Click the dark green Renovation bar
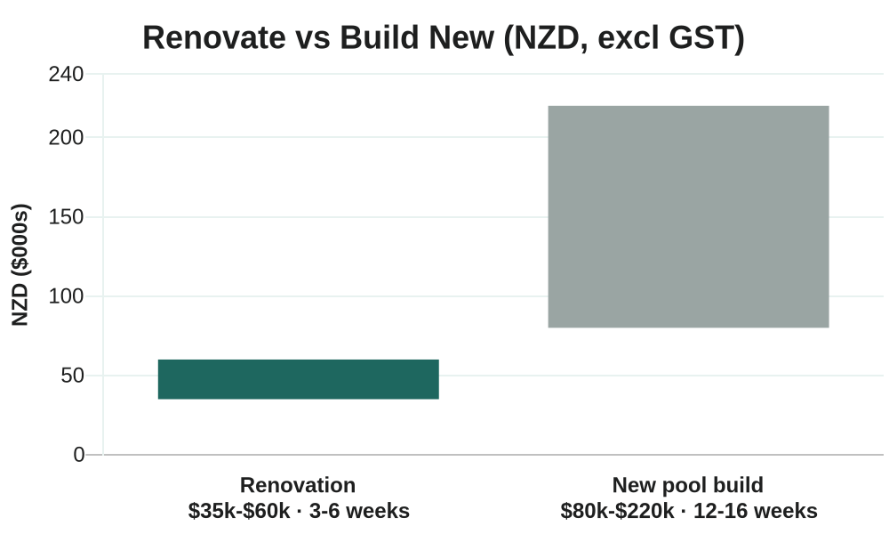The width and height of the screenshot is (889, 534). pos(298,379)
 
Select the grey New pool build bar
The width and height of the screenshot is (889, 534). pos(688,217)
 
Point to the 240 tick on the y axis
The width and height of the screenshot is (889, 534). pos(66,75)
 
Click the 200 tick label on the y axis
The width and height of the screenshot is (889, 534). pos(66,137)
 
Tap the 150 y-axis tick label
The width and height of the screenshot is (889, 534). pos(66,217)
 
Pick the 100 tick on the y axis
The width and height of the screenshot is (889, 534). pos(66,296)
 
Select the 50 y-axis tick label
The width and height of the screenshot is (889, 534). pos(73,376)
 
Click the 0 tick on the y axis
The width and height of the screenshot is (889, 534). pos(79,455)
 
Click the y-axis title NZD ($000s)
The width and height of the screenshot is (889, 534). pos(20,265)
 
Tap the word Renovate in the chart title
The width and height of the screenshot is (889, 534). pos(214,38)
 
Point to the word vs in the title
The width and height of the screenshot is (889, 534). pos(313,38)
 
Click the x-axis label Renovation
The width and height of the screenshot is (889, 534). pos(298,485)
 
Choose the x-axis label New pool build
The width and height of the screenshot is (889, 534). pos(688,485)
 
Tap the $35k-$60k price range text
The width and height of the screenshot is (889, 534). pos(239,511)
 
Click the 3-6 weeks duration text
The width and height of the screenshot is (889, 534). pos(359,511)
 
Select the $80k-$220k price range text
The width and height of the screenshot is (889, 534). pos(618,511)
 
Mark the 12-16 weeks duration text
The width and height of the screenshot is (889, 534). pos(755,511)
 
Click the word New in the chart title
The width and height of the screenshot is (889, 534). pos(461,38)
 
